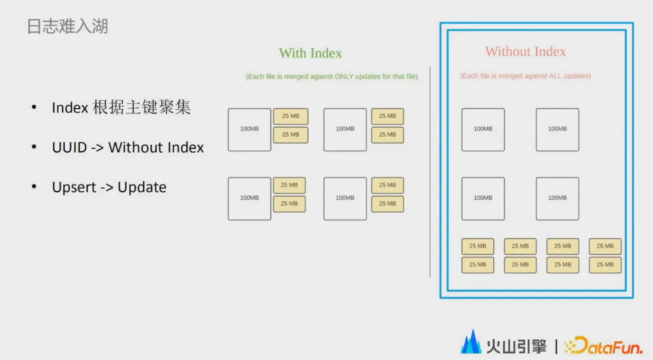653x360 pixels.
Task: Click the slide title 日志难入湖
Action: coord(68,26)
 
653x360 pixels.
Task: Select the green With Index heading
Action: coord(310,53)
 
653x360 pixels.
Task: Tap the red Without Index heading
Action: coord(525,51)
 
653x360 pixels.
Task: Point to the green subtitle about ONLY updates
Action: coord(331,77)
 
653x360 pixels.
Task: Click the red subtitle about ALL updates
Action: coord(525,76)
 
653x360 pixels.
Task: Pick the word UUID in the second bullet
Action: coord(69,148)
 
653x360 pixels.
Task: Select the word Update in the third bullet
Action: coord(142,188)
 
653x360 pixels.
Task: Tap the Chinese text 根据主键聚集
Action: coord(141,108)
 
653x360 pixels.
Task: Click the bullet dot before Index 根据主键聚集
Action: coord(34,107)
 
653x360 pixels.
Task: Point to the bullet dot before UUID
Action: coord(34,146)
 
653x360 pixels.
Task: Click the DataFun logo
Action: coord(603,345)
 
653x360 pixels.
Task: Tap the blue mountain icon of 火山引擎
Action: coord(472,342)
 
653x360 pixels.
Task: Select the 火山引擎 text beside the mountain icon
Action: coord(516,346)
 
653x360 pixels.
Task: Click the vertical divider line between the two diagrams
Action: coord(430,171)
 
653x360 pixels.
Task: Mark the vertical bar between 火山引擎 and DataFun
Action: coord(556,346)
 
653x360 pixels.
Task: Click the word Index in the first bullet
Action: coord(70,108)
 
